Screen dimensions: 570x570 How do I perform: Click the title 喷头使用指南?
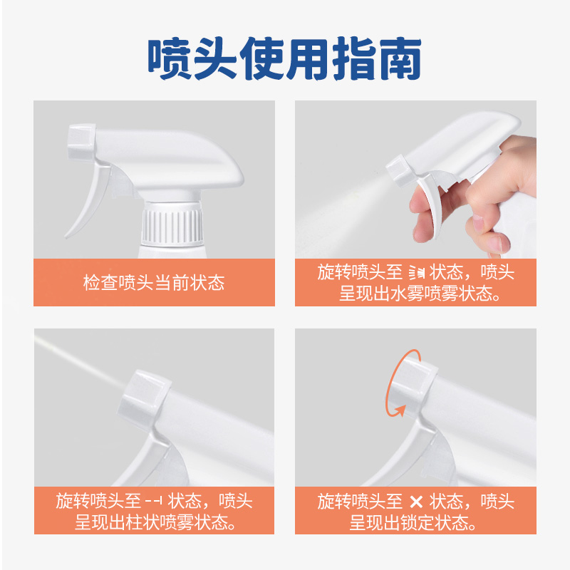point(284,58)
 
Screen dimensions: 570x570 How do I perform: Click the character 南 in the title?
point(400,58)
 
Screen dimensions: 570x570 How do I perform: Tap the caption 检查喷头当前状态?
point(154,282)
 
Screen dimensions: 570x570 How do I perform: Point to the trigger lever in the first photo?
point(88,201)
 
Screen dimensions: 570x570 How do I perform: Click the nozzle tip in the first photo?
point(81,142)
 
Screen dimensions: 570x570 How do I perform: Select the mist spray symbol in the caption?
point(417,272)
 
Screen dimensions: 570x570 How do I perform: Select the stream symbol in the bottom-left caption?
point(153,501)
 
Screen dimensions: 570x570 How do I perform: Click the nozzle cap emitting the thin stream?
point(145,400)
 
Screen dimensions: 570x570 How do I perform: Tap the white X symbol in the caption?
point(416,502)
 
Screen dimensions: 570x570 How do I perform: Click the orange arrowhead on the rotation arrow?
point(400,411)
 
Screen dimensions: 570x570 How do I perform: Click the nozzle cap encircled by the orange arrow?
point(413,386)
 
